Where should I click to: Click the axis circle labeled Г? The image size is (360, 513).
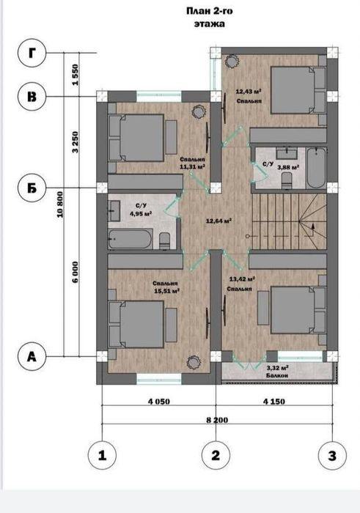(32, 53)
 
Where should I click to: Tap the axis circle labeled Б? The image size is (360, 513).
(32, 188)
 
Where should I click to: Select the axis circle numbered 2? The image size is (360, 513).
(216, 455)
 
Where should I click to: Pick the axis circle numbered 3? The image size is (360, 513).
(333, 455)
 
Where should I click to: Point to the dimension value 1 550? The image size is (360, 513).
(76, 75)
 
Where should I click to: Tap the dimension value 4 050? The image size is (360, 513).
(159, 402)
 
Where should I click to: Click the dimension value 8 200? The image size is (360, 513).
(217, 420)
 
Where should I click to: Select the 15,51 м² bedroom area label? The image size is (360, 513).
(166, 291)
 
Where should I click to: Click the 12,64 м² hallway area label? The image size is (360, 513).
(218, 221)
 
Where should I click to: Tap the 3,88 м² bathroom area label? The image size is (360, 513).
(288, 167)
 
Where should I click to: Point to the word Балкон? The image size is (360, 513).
(277, 375)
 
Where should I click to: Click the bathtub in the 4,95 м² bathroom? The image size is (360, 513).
(131, 239)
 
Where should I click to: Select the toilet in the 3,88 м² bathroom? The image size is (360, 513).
(287, 180)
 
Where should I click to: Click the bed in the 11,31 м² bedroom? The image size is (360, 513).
(136, 138)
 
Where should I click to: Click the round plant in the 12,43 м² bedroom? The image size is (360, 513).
(232, 61)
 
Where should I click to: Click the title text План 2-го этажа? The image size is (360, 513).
(210, 18)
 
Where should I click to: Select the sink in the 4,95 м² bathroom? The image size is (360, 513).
(114, 211)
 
